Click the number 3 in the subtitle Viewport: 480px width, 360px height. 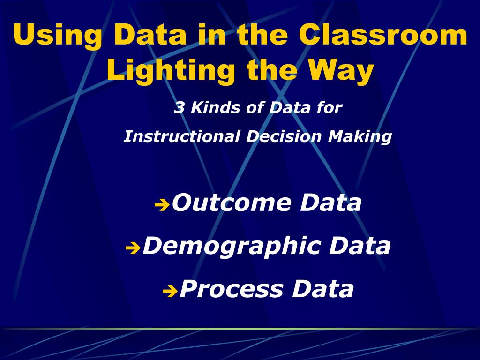[x=179, y=108]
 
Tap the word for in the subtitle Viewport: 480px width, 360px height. [x=329, y=108]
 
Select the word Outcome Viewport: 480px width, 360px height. [x=232, y=203]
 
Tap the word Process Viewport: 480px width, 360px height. [x=232, y=289]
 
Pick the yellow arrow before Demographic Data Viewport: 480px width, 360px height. [x=133, y=248]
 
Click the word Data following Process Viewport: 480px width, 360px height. [x=323, y=289]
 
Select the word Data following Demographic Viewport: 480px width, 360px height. [x=360, y=246]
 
